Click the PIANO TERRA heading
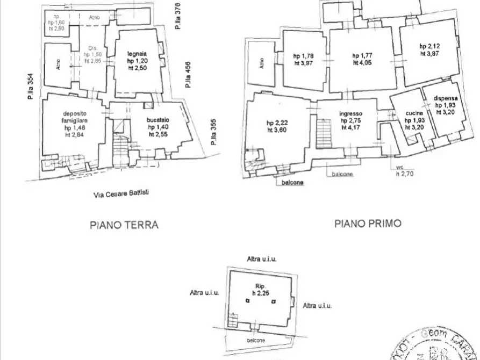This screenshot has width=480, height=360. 124,225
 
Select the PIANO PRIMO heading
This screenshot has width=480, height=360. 368,223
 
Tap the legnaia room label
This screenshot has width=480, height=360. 138,53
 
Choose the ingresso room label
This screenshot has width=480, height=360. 351,114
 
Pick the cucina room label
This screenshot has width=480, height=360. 414,113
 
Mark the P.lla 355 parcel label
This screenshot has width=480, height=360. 213,133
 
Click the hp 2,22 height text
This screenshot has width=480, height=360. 276,122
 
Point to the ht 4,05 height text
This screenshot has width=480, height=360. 362,62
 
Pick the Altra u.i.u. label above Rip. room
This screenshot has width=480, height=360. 261,260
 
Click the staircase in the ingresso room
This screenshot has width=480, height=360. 324,134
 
